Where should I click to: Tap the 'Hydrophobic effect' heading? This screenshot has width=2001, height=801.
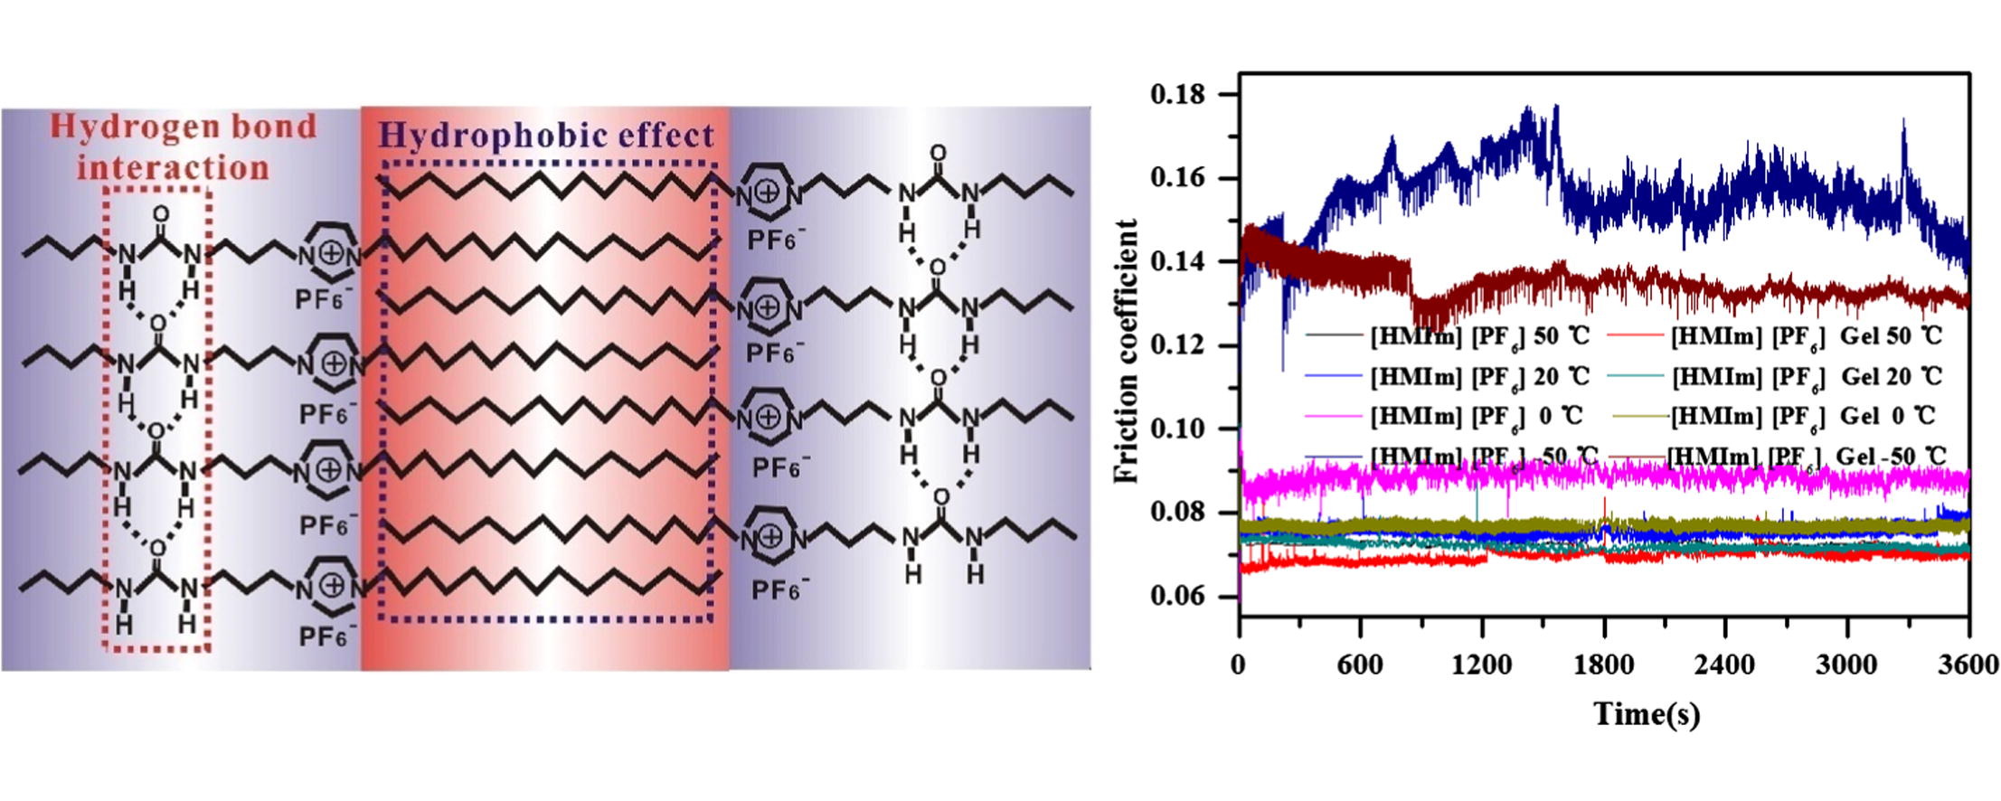[547, 136]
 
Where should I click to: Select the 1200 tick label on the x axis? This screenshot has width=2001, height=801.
[1480, 666]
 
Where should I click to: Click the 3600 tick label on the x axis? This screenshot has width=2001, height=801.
[1968, 666]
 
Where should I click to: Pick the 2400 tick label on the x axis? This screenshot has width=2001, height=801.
[1724, 666]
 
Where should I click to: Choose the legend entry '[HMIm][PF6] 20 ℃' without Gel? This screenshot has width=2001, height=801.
[1479, 376]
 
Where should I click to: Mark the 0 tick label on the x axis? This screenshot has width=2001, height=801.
[1238, 666]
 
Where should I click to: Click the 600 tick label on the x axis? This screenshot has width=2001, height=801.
[1359, 666]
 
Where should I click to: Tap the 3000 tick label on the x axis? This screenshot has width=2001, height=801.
[1845, 666]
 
